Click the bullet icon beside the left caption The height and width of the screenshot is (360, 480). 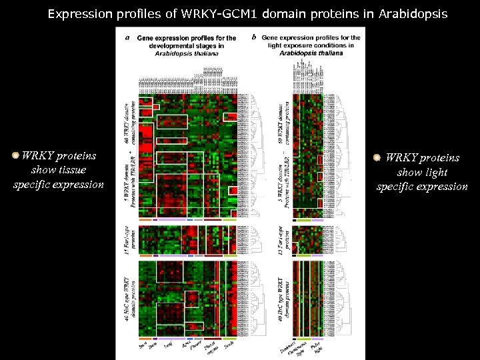(x=15, y=156)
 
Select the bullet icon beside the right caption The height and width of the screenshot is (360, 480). (x=377, y=157)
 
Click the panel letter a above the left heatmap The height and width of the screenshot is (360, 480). (x=127, y=37)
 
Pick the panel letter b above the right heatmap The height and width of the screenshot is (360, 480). (x=254, y=37)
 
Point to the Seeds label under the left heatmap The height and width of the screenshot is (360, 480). (x=229, y=345)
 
